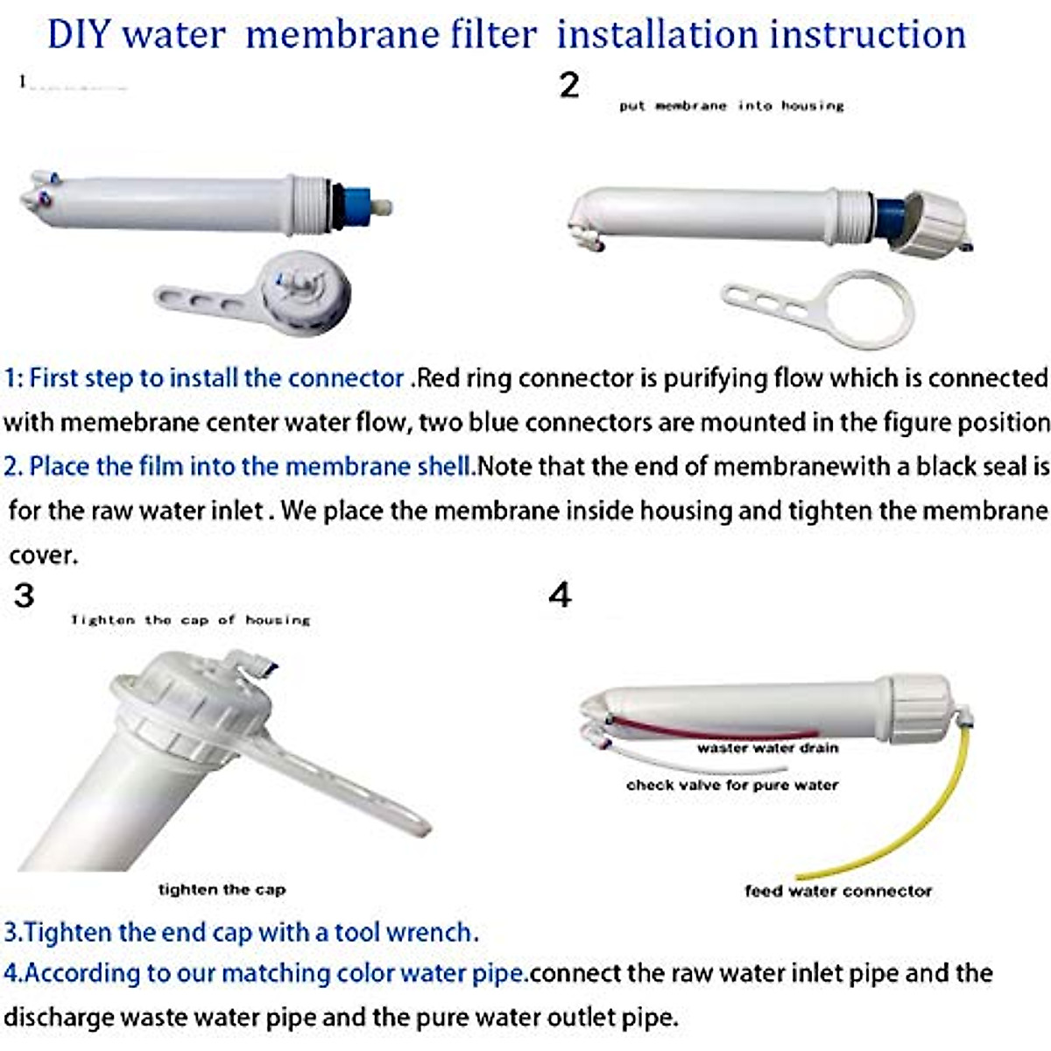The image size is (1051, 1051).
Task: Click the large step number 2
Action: click(569, 85)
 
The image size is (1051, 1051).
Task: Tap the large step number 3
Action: click(24, 596)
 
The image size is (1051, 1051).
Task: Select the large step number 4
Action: click(560, 596)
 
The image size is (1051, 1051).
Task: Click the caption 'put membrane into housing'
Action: click(731, 106)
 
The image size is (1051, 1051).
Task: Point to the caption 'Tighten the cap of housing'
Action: click(191, 620)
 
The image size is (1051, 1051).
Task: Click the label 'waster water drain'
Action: click(767, 748)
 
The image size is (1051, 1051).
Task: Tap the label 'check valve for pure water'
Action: click(732, 785)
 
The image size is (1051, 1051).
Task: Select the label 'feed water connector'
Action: click(838, 891)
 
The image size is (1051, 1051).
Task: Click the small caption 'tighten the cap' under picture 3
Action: click(222, 890)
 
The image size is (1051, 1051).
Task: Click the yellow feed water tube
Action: click(955, 788)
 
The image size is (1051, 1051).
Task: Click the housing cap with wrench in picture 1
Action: click(307, 289)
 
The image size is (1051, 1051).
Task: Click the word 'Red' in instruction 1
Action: click(437, 378)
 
